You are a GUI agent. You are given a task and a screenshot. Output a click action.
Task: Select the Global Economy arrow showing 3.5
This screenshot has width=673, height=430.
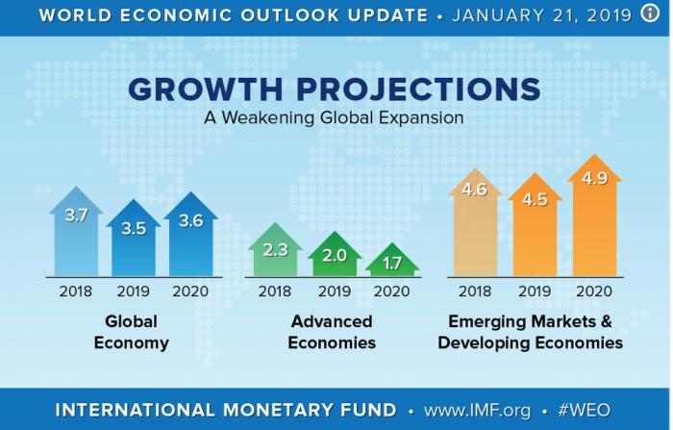pyautogui.click(x=132, y=238)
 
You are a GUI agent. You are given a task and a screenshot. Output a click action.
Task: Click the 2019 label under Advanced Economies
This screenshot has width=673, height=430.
pyautogui.click(x=335, y=291)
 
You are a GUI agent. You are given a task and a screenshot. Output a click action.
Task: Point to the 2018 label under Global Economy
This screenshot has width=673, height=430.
pyautogui.click(x=75, y=291)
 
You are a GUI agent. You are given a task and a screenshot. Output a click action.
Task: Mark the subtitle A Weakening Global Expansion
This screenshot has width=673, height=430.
pyautogui.click(x=334, y=119)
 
